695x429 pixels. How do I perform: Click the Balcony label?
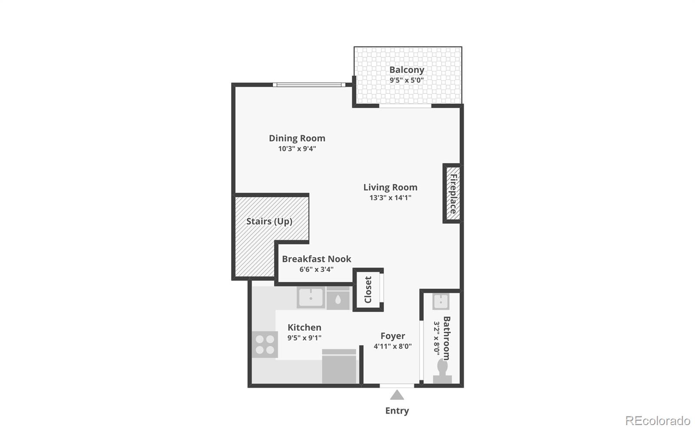tap(407, 70)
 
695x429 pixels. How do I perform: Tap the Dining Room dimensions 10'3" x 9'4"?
tap(297, 148)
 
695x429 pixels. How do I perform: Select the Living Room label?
tap(391, 187)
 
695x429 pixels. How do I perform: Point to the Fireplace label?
tap(453, 194)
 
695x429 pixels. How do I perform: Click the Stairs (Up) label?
tap(269, 221)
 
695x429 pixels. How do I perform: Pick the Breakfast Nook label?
tap(317, 259)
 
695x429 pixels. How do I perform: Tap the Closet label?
tap(368, 290)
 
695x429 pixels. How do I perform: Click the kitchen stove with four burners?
tap(265, 344)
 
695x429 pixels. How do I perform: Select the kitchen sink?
tap(311, 297)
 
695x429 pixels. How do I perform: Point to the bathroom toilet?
tap(442, 371)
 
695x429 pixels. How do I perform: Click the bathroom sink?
tap(441, 301)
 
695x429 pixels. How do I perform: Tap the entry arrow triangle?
tap(397, 395)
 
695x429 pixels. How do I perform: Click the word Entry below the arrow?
tap(397, 411)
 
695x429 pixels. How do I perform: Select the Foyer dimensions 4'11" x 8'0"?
tap(393, 346)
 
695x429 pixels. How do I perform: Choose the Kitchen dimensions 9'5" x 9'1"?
tap(304, 338)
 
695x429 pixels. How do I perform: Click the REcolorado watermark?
tap(658, 421)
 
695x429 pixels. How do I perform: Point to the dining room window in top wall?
tap(309, 85)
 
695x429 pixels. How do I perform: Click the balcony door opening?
tap(405, 106)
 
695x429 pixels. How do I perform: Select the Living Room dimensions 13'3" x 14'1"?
tap(391, 198)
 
